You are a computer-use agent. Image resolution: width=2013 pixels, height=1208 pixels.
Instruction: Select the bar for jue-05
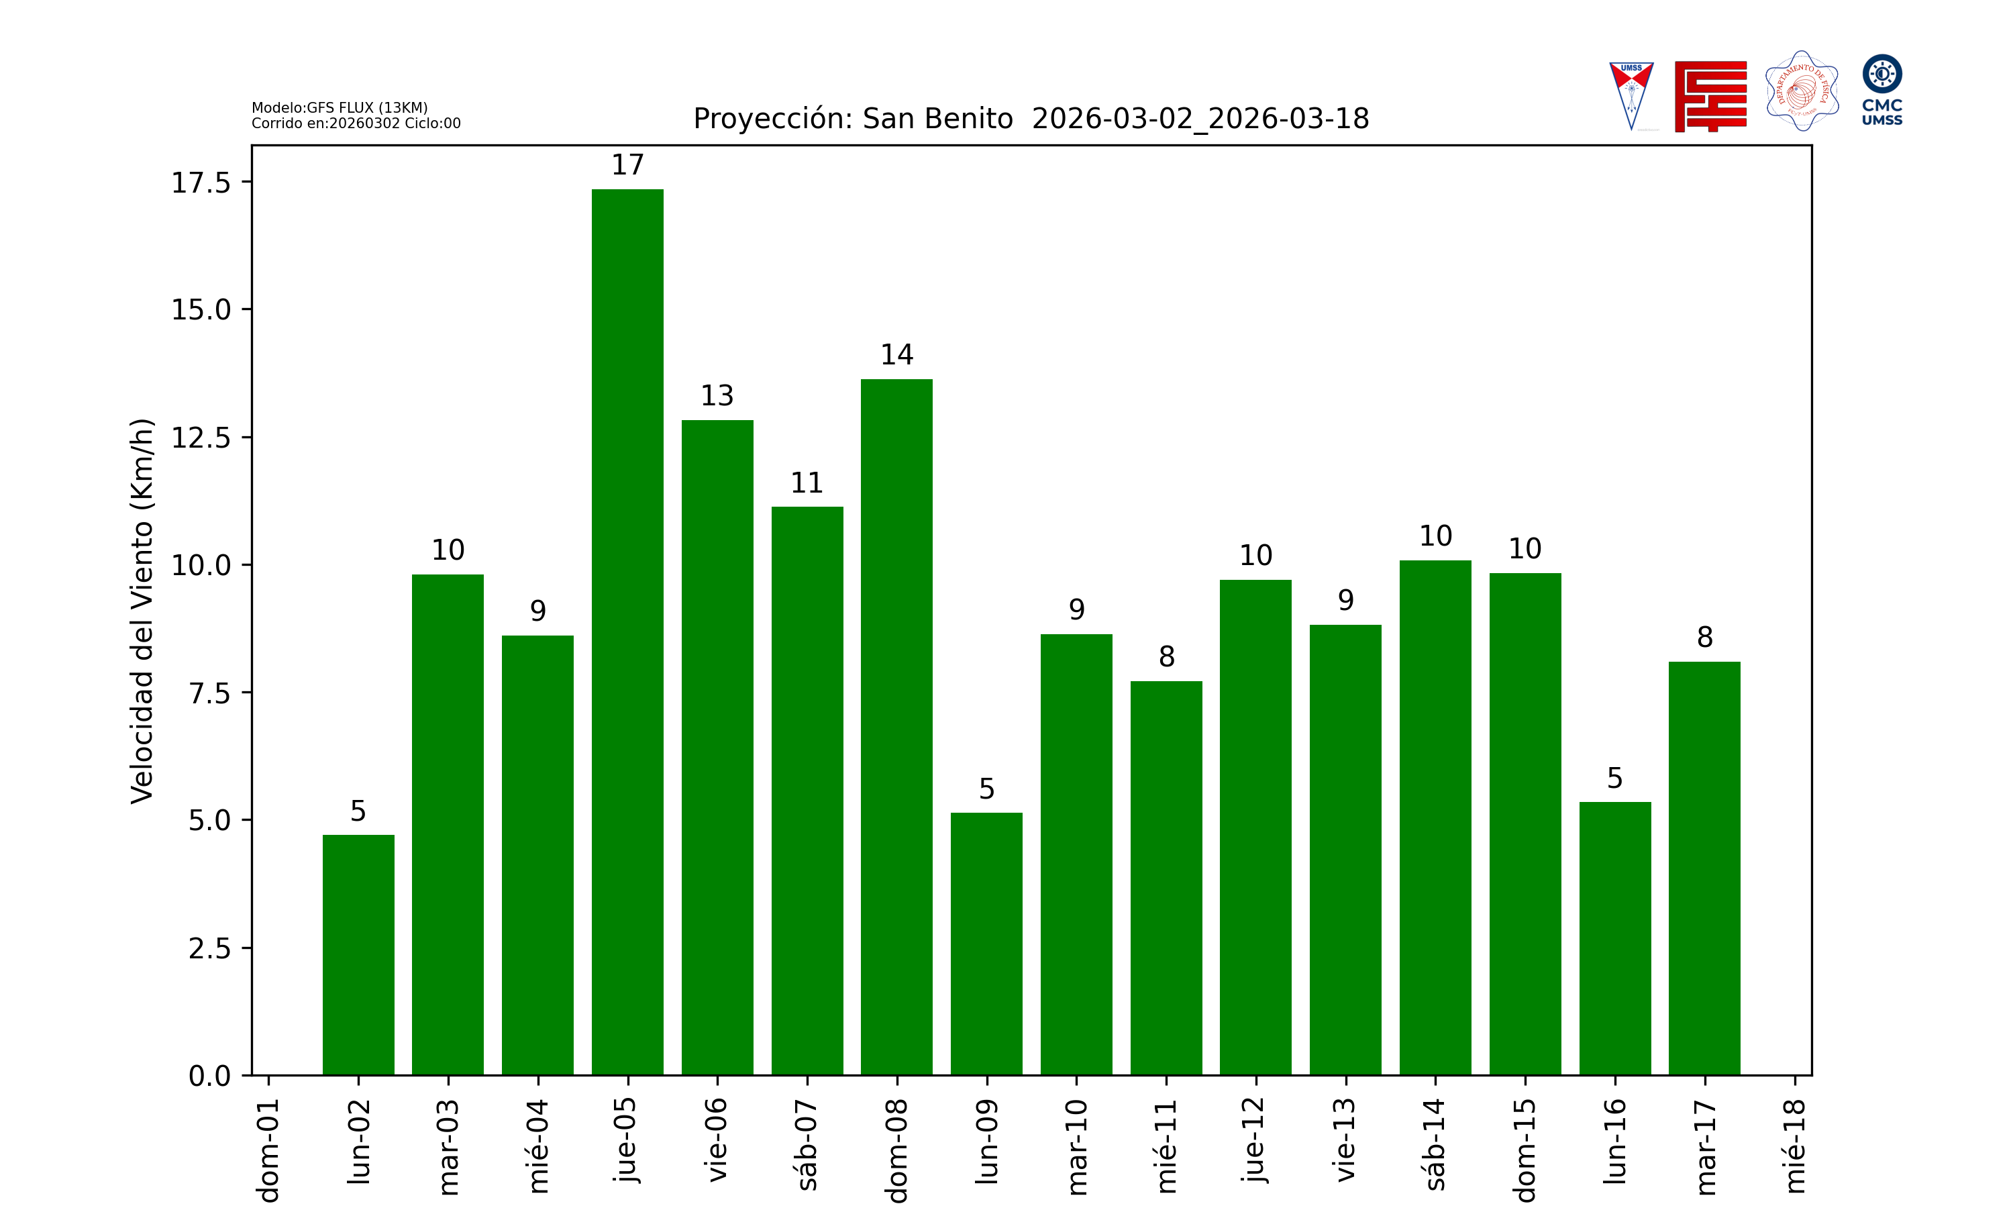coord(627,632)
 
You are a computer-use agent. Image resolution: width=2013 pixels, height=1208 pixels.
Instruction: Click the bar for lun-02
coord(358,954)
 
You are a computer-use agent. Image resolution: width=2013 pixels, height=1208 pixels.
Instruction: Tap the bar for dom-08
coord(896,726)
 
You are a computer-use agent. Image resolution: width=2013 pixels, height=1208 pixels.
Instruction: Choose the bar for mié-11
coord(1166,878)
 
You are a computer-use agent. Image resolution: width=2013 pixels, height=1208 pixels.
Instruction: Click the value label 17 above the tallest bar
coord(627,165)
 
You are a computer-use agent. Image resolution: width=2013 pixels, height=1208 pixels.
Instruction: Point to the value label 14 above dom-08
coord(896,355)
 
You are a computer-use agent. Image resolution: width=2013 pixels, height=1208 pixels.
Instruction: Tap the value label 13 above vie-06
coord(717,395)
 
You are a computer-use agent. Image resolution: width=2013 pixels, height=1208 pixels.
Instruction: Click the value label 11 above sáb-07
coord(807,483)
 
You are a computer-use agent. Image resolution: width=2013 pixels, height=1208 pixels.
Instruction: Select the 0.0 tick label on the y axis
coord(209,1076)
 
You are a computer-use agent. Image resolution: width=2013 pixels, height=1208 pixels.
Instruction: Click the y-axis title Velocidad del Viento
coord(142,611)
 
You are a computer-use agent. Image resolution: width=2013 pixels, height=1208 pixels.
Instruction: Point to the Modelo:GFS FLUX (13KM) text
coord(340,107)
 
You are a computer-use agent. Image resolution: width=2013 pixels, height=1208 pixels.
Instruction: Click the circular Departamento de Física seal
coord(1802,91)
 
